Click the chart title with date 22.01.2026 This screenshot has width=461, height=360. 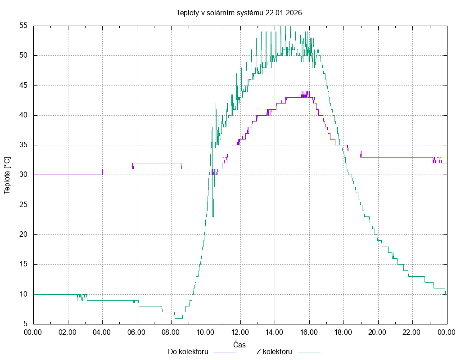(239, 13)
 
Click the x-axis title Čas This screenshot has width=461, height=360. (240, 345)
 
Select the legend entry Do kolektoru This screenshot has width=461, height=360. (188, 351)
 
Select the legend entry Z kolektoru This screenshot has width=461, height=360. (275, 351)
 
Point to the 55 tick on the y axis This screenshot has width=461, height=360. (24, 26)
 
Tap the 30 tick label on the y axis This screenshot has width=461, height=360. (24, 175)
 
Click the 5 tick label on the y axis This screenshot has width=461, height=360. (26, 324)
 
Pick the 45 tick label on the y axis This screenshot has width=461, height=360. (24, 85)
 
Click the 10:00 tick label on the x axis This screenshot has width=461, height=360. (206, 332)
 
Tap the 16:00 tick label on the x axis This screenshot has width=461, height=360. (309, 332)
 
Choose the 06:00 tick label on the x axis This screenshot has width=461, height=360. (137, 332)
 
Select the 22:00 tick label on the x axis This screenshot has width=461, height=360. (412, 332)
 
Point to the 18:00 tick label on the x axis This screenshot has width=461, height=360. (343, 332)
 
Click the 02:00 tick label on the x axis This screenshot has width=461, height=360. (68, 332)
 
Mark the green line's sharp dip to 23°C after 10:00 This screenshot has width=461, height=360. (213, 216)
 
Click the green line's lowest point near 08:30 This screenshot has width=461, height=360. (179, 318)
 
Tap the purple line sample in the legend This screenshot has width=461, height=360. (224, 352)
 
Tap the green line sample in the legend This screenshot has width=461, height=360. (309, 352)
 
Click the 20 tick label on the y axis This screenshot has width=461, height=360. (24, 234)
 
